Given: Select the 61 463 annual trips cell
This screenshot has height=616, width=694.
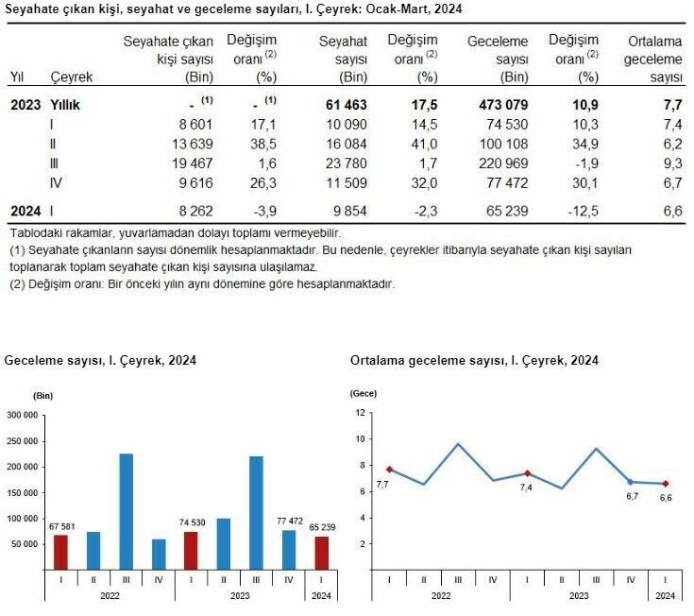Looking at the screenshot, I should pyautogui.click(x=342, y=104).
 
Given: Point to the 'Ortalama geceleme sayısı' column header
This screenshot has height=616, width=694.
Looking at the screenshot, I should pyautogui.click(x=653, y=59).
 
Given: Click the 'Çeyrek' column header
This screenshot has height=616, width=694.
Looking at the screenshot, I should pyautogui.click(x=72, y=77).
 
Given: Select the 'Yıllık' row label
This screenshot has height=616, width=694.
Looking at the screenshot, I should pyautogui.click(x=65, y=104).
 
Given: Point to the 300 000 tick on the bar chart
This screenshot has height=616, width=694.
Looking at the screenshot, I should pyautogui.click(x=21, y=415).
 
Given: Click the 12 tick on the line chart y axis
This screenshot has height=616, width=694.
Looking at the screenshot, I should pyautogui.click(x=359, y=413).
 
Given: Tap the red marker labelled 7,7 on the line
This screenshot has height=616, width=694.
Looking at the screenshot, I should pyautogui.click(x=389, y=469).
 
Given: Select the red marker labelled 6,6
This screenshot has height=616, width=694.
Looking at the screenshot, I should pyautogui.click(x=665, y=484).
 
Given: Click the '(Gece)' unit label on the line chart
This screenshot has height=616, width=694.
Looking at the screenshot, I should pyautogui.click(x=364, y=392).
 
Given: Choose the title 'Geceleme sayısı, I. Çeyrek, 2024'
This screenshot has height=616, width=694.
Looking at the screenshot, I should pyautogui.click(x=101, y=361).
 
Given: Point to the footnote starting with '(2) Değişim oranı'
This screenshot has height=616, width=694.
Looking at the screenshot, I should pyautogui.click(x=201, y=283).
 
